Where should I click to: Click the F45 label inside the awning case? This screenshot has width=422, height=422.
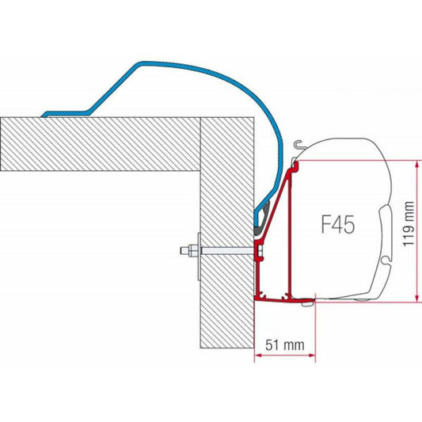(x=338, y=223)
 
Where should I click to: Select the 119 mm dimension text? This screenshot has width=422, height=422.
(x=409, y=223)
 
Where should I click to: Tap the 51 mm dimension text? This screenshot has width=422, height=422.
(x=285, y=345)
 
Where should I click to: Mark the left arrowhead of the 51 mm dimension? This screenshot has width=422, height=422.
(x=258, y=355)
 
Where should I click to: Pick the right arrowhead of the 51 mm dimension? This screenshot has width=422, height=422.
(x=312, y=355)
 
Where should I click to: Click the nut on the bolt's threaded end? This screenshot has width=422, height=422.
(x=193, y=250)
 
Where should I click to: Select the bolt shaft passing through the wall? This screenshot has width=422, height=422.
(x=227, y=251)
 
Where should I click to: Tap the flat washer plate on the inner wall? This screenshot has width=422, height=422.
(x=200, y=257)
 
